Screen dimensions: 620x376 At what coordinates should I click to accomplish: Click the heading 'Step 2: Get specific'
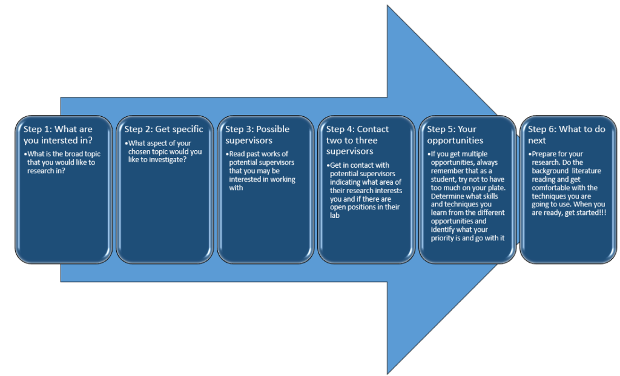[x=163, y=130]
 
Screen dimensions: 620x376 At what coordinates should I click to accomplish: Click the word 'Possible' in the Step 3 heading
[x=273, y=130]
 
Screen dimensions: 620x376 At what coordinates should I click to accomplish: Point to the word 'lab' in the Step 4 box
[x=334, y=216]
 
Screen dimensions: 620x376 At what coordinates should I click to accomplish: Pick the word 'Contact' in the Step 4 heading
[x=373, y=130]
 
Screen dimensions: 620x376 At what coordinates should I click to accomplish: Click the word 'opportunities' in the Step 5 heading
[x=455, y=140]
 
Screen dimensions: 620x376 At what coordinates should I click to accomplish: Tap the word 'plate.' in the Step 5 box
[x=495, y=188]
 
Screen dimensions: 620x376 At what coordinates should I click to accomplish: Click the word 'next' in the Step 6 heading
[x=536, y=140]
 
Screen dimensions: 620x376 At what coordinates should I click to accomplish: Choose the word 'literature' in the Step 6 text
[x=586, y=171]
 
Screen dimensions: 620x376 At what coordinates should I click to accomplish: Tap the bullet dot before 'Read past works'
[x=227, y=154]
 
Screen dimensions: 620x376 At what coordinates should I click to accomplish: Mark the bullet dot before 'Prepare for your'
[x=529, y=154]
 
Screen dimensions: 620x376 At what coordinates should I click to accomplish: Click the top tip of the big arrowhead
[x=387, y=5]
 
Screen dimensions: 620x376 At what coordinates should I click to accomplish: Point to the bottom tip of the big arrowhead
[x=387, y=373]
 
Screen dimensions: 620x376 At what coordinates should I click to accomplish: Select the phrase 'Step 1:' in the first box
[x=38, y=130]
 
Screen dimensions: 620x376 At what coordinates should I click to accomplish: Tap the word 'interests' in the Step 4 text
[x=388, y=191]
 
